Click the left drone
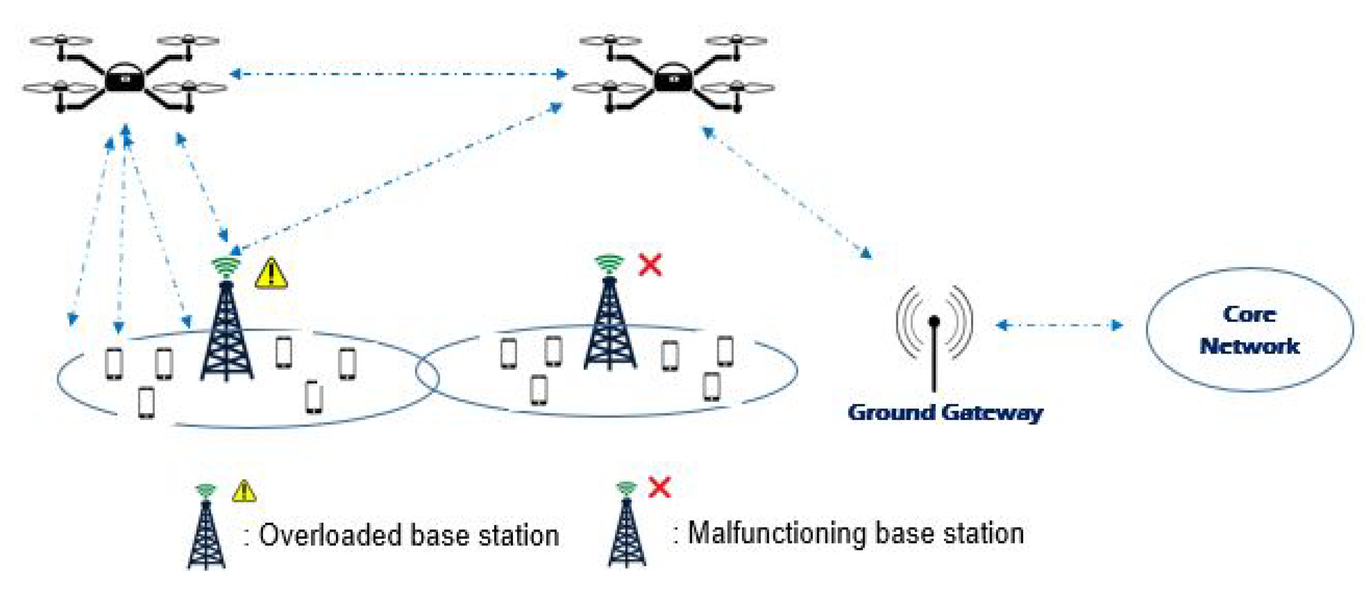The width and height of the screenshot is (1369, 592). (124, 77)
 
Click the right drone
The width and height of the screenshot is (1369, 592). (673, 77)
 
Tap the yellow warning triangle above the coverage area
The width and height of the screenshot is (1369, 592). (271, 274)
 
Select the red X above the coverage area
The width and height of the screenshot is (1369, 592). (650, 265)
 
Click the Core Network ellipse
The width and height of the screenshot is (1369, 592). (1249, 330)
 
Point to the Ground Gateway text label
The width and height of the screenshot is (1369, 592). (945, 412)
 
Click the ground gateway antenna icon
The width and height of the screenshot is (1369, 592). (934, 336)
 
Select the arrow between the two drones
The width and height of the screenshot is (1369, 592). (399, 73)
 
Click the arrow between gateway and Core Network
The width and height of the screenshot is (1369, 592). (1059, 325)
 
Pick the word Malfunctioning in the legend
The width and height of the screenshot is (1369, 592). (777, 533)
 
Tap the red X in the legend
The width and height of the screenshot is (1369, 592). (659, 488)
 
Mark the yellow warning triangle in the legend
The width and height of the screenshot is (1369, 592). (244, 491)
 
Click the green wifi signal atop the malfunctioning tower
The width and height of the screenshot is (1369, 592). (609, 263)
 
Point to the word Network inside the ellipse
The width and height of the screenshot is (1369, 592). (1249, 346)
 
